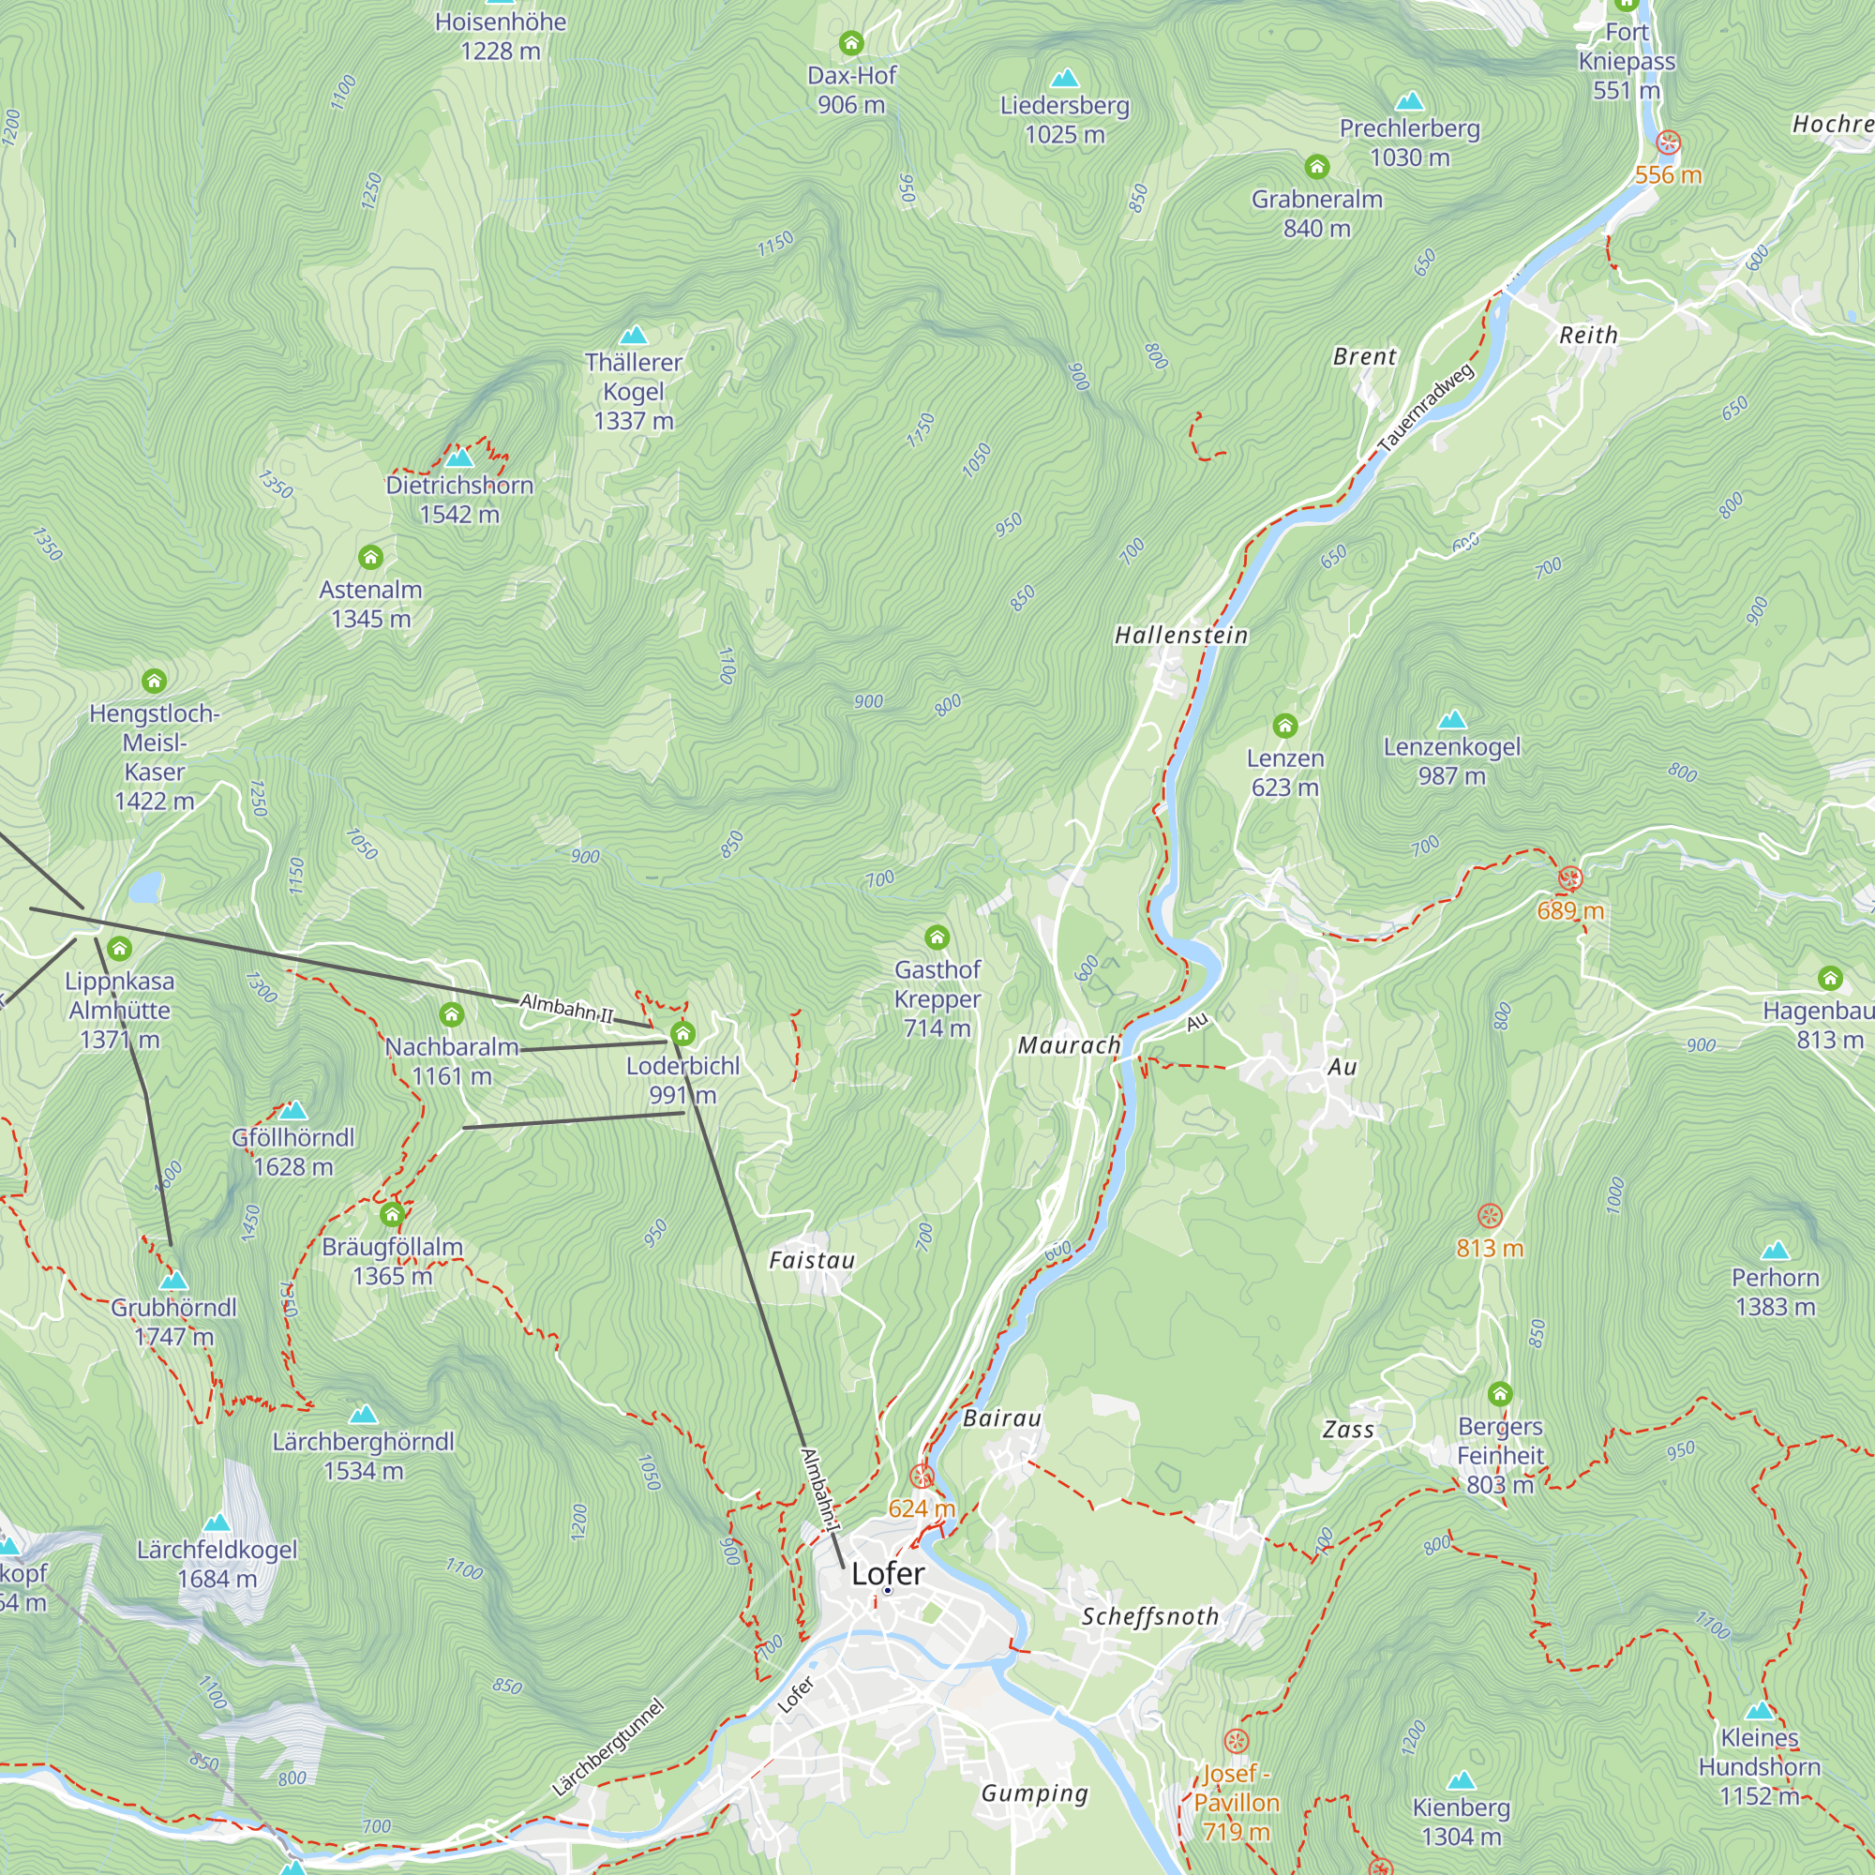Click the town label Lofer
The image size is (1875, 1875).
coord(887,1573)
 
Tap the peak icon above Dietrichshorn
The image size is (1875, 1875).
coord(459,457)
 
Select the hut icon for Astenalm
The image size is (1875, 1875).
coord(370,557)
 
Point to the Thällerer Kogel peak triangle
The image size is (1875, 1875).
coord(633,336)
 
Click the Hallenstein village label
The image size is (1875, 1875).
coord(1181,636)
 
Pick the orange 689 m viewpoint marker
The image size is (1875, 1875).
coord(1569,879)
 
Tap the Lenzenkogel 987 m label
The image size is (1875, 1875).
coord(1451,761)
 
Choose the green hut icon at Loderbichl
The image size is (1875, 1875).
coord(683,1032)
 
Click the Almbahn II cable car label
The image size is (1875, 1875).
coord(567,1009)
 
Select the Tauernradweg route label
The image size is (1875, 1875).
coord(1427,408)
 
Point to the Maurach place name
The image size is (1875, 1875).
coord(1069,1046)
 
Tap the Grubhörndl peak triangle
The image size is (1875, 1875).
coord(173,1281)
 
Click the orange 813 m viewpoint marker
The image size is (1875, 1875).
coord(1489,1216)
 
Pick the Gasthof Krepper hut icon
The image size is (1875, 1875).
coord(937,937)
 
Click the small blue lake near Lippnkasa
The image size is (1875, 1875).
coord(146,887)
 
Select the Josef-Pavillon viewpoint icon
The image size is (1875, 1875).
coord(1236,1740)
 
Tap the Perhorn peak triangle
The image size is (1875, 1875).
coord(1775,1250)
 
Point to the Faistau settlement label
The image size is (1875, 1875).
coord(811,1261)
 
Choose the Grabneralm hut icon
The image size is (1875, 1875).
coord(1316,168)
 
